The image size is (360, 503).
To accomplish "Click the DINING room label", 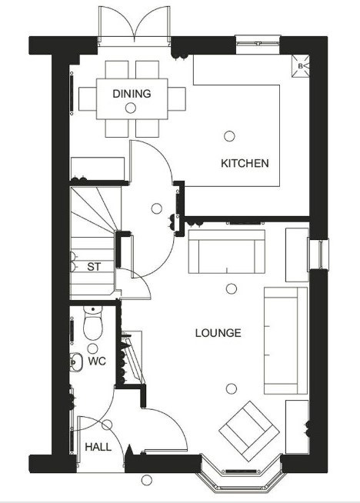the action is [132, 94].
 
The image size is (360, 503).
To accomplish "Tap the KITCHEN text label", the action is [245, 163].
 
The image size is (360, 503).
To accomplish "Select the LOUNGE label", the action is [218, 333].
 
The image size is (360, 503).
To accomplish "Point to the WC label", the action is [97, 361].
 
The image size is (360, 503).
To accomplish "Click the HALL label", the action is [98, 447].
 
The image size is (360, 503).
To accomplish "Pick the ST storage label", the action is [94, 267].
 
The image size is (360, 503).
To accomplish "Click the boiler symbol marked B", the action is [300, 66].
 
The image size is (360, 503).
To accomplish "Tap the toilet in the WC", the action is [93, 321].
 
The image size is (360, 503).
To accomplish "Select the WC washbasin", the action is [76, 362].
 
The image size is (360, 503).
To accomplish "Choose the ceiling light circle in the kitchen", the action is [229, 136].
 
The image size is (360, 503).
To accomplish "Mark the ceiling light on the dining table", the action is [130, 108].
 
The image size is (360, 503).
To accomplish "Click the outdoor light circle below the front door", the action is [146, 480].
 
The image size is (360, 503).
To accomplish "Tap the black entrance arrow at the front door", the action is [129, 450].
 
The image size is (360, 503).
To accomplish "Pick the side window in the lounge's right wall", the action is [318, 254].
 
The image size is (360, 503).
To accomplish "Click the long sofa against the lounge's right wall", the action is [285, 341].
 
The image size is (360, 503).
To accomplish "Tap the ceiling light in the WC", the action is [93, 348].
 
